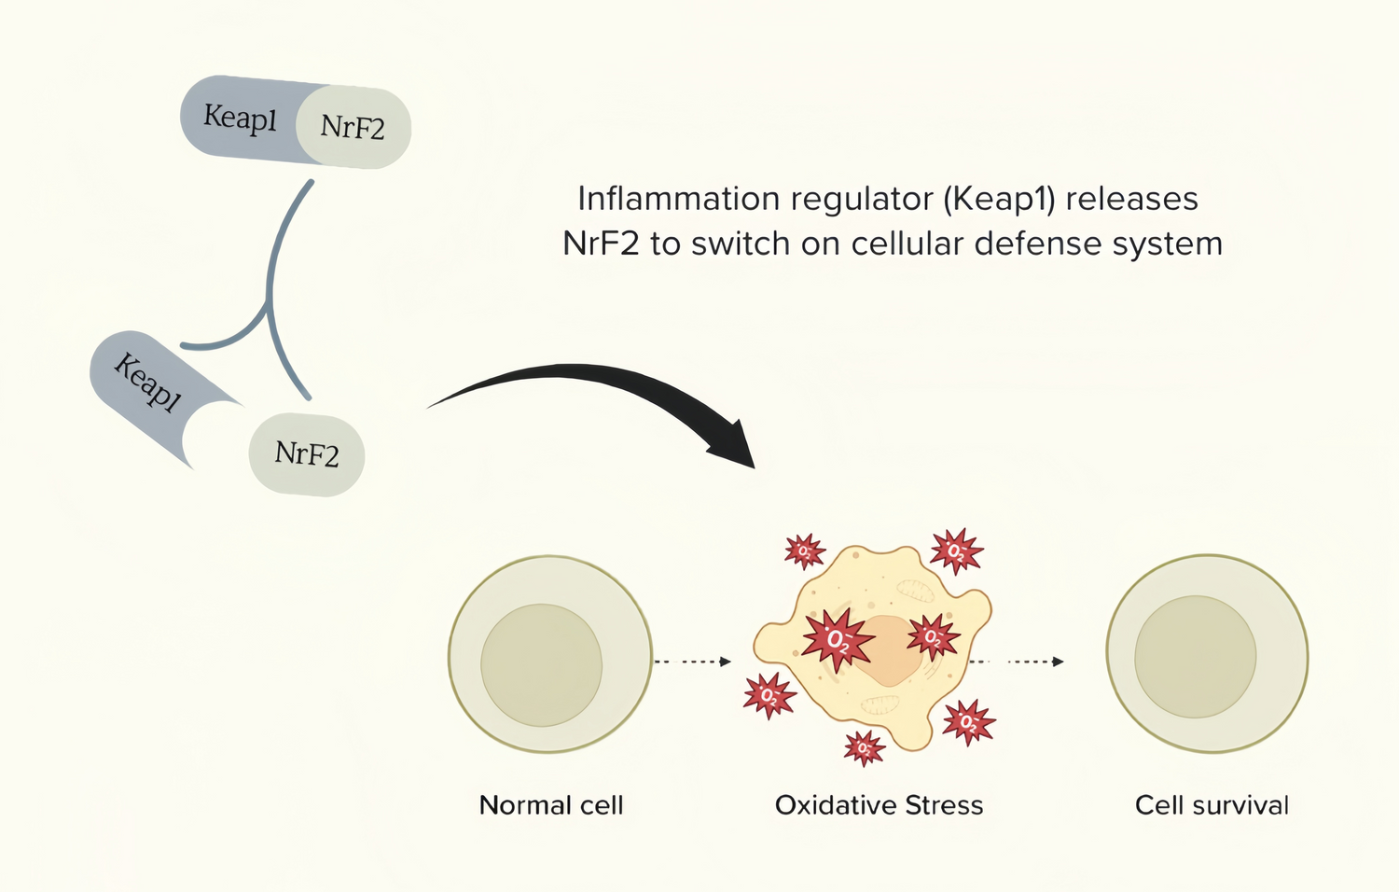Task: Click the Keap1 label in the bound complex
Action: pyautogui.click(x=241, y=118)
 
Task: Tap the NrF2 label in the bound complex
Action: pyautogui.click(x=353, y=127)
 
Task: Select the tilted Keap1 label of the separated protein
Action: pyautogui.click(x=146, y=383)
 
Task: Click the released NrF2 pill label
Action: pyautogui.click(x=307, y=454)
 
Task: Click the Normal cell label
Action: pyautogui.click(x=550, y=805)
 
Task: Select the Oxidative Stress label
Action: pyautogui.click(x=879, y=805)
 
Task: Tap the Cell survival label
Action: pyautogui.click(x=1212, y=805)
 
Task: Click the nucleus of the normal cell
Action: pyautogui.click(x=541, y=664)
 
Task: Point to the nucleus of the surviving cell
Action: pyautogui.click(x=1195, y=657)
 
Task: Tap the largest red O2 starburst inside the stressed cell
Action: pyautogui.click(x=838, y=640)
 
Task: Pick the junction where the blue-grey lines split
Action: pyautogui.click(x=270, y=303)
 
